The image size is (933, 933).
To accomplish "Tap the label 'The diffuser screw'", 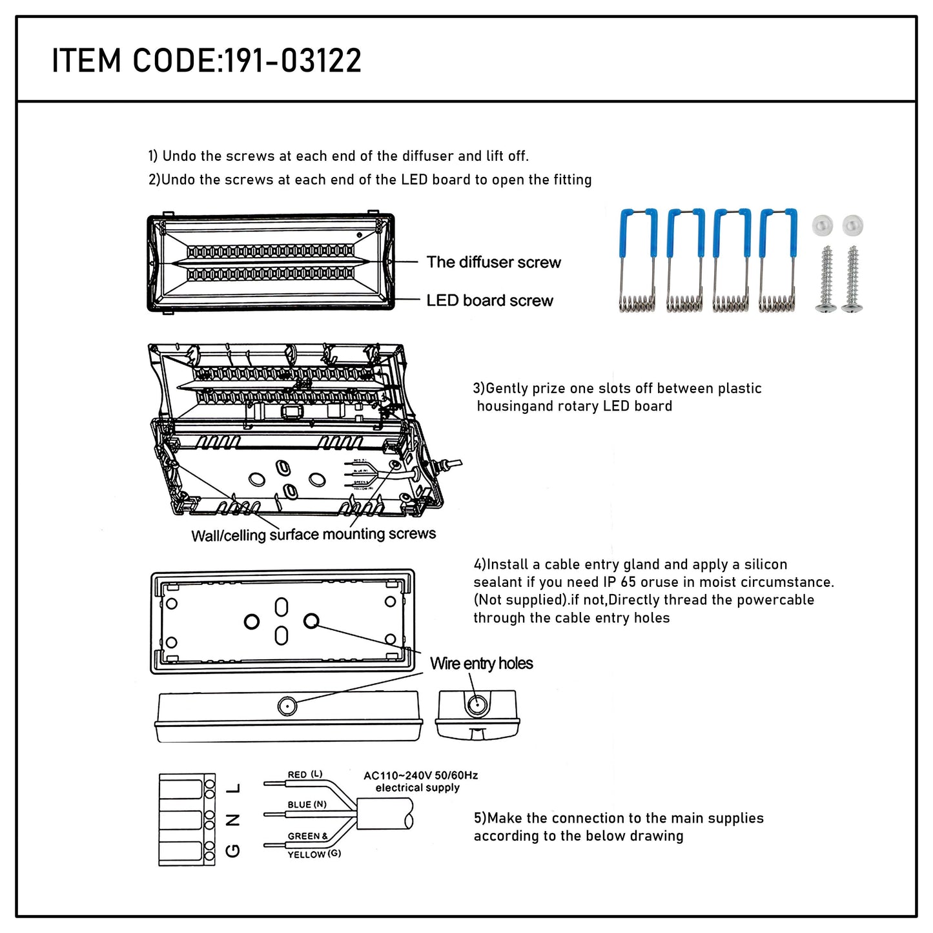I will (493, 262).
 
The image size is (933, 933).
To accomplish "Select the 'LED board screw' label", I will (489, 300).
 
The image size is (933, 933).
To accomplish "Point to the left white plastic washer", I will (823, 225).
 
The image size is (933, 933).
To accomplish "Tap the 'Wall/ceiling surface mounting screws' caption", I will (313, 535).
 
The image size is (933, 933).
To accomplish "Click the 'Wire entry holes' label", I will (482, 663).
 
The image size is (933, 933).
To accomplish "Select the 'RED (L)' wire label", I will (305, 774).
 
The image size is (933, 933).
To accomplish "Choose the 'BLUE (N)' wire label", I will (307, 805).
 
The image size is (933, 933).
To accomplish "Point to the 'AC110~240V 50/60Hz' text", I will (420, 775).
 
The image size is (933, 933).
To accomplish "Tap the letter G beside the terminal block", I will (234, 851).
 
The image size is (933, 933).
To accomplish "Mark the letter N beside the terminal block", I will (234, 819).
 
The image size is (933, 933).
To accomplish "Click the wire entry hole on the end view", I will (477, 706).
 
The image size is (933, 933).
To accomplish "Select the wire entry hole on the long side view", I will (287, 706).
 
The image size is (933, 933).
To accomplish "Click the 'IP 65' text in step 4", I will (619, 582).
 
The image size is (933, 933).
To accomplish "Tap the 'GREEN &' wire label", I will (307, 836).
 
